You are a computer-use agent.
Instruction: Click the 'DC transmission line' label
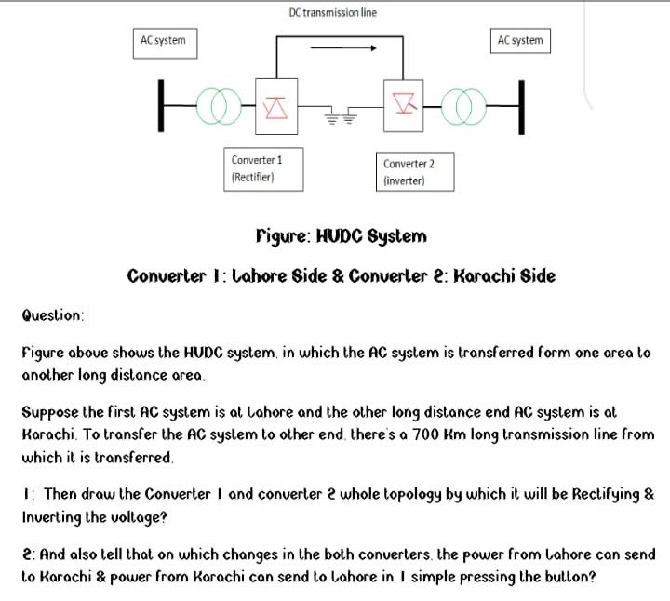(x=332, y=12)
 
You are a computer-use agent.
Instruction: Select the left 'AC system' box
(x=163, y=42)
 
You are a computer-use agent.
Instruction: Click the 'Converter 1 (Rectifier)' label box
(x=263, y=168)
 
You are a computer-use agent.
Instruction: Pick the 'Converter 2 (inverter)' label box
(x=415, y=171)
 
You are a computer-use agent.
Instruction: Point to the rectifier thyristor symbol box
(x=275, y=105)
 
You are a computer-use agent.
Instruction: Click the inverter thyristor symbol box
(x=403, y=102)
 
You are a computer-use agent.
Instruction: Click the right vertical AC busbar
(x=521, y=104)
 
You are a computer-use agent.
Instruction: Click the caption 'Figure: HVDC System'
(x=341, y=236)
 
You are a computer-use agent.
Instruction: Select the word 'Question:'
(x=53, y=315)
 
